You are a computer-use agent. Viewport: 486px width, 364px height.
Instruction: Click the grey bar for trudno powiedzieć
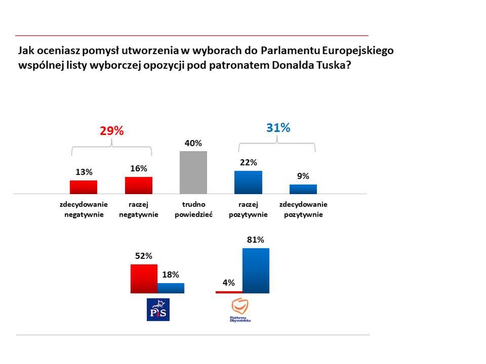(193, 172)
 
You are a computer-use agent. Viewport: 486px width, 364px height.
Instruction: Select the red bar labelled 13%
(84, 187)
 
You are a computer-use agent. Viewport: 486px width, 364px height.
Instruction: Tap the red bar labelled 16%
(139, 185)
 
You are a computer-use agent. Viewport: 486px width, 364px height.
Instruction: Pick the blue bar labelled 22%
(248, 183)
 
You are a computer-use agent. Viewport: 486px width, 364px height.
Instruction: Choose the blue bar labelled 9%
(303, 189)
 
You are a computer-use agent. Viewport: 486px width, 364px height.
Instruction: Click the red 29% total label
(111, 131)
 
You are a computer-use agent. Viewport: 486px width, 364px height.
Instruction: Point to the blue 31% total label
(278, 128)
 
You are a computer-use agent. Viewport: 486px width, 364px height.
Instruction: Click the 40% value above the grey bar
(193, 144)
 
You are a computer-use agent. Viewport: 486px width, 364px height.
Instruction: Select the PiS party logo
(157, 309)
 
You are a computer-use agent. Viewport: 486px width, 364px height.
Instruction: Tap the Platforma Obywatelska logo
(240, 310)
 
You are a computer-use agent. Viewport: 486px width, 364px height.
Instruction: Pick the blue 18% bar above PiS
(171, 288)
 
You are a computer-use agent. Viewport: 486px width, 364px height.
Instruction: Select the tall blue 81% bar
(256, 270)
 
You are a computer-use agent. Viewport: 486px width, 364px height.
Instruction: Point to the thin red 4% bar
(229, 292)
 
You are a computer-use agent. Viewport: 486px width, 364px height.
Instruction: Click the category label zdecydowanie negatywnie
(84, 209)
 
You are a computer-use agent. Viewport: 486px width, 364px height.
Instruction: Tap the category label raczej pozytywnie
(248, 209)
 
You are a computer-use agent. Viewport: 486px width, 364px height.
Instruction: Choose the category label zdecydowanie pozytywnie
(303, 209)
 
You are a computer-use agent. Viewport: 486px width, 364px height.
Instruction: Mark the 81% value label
(256, 240)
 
